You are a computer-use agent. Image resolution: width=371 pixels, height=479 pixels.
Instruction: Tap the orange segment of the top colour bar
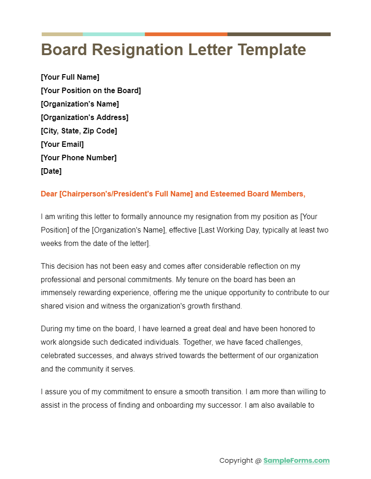[x=186, y=34]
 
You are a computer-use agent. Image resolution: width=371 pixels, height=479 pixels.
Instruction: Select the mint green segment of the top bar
[x=113, y=34]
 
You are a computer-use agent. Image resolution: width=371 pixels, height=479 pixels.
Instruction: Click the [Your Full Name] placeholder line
[x=70, y=77]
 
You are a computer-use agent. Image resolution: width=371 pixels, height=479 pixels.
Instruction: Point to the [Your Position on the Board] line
[x=91, y=90]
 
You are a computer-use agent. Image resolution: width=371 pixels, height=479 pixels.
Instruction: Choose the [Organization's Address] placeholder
[x=84, y=117]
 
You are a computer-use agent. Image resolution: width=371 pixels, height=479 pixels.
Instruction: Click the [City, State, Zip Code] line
[x=79, y=131]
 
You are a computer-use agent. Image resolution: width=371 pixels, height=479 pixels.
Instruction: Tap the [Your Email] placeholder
[x=62, y=144]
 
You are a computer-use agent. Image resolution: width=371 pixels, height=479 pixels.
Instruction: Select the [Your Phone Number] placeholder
[x=78, y=158]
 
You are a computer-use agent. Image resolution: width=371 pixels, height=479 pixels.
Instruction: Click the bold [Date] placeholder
[x=51, y=171]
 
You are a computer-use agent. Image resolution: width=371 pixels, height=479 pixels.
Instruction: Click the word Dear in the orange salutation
[x=49, y=194]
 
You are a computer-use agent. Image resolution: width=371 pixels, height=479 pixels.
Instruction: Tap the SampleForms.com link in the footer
[x=296, y=460]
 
